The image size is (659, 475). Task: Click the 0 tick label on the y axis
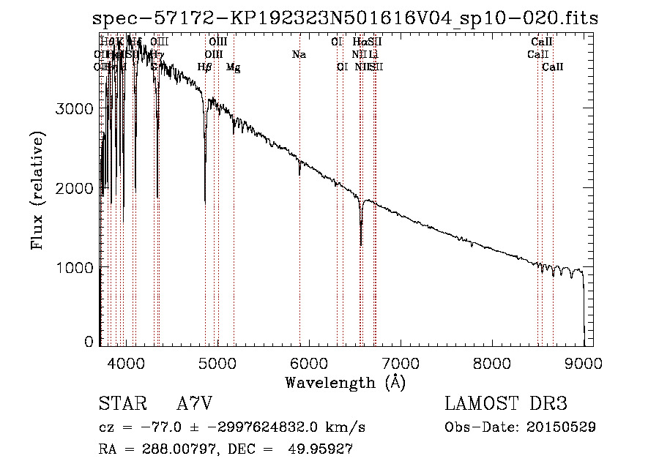pos(89,342)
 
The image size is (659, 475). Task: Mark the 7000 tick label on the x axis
pos(401,362)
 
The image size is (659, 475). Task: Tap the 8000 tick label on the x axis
pos(492,362)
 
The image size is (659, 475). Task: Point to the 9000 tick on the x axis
pos(584,362)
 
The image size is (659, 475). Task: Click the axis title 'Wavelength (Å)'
pos(345,383)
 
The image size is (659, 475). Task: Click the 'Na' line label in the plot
pos(299,54)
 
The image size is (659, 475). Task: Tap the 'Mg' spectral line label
pos(233,67)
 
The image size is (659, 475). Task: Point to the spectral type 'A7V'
pos(195,404)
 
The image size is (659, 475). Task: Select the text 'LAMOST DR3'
pos(505,404)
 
